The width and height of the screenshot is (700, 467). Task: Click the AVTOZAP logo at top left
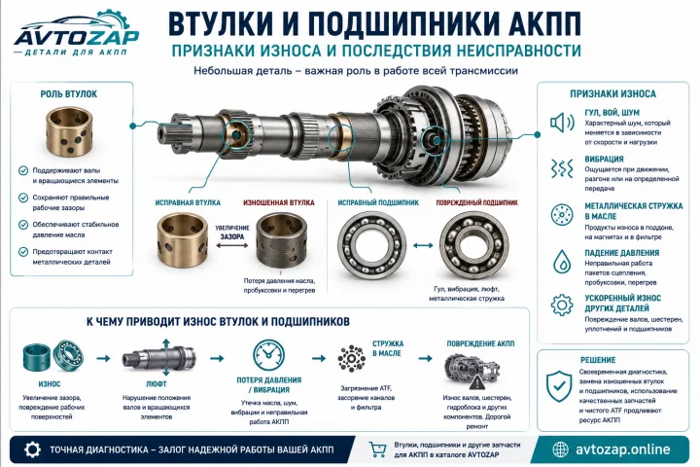coord(77,34)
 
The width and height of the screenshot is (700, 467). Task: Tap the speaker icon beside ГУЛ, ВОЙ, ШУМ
coord(562,123)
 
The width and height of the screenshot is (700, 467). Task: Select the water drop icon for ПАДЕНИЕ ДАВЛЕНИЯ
coord(562,262)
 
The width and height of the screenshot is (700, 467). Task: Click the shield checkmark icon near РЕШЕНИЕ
coord(559,386)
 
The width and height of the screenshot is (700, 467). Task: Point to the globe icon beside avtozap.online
coord(560,449)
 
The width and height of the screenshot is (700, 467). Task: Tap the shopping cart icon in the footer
coord(377,449)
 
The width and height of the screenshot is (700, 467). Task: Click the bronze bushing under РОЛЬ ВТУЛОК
coord(69,131)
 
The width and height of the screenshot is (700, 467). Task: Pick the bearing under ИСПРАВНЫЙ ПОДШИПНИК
coord(371,245)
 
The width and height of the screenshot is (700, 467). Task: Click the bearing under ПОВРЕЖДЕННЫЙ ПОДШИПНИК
coord(474,245)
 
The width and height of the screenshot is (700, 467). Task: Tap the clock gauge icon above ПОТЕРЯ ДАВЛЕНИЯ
coord(268,355)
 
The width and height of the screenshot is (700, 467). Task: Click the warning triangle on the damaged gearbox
coord(477,382)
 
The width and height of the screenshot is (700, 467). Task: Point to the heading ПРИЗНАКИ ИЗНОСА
coord(612,93)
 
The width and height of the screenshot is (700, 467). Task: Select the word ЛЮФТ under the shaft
coord(157,384)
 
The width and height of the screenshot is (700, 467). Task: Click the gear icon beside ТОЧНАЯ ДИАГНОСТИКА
coord(32,449)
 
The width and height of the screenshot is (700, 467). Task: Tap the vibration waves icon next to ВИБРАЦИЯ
coord(562,168)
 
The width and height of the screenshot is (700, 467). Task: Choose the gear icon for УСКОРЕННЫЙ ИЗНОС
coord(562,305)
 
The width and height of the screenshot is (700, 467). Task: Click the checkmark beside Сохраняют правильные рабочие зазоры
coord(23,198)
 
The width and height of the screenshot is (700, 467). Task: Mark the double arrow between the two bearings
coord(423,245)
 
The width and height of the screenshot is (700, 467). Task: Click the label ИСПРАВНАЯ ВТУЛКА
coord(188,202)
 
